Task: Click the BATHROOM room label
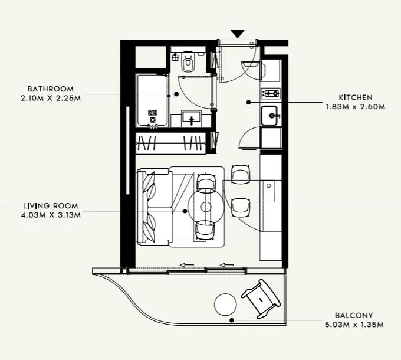click(x=50, y=89)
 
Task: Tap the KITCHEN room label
click(x=355, y=97)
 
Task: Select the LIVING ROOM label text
click(x=50, y=206)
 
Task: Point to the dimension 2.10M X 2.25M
click(x=50, y=98)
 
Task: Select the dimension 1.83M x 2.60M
click(x=355, y=107)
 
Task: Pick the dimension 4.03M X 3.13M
click(x=50, y=215)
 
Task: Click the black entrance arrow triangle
click(x=237, y=34)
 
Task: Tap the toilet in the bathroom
click(x=189, y=63)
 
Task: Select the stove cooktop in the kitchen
click(x=271, y=93)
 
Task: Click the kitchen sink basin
click(x=271, y=115)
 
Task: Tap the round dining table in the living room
click(x=206, y=207)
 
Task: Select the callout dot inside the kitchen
click(x=249, y=102)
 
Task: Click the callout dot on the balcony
click(x=232, y=320)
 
